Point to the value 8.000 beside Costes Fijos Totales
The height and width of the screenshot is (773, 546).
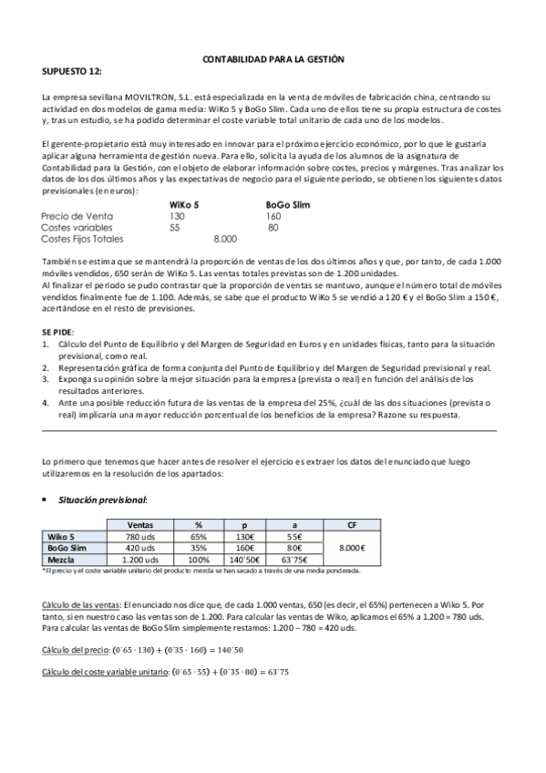[x=224, y=239]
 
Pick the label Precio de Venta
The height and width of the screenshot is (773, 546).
[x=77, y=216]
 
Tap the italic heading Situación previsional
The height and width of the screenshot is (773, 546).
[x=102, y=500]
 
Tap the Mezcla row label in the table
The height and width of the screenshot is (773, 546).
[x=62, y=560]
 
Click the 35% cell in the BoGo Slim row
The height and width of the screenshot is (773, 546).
[x=198, y=548]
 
